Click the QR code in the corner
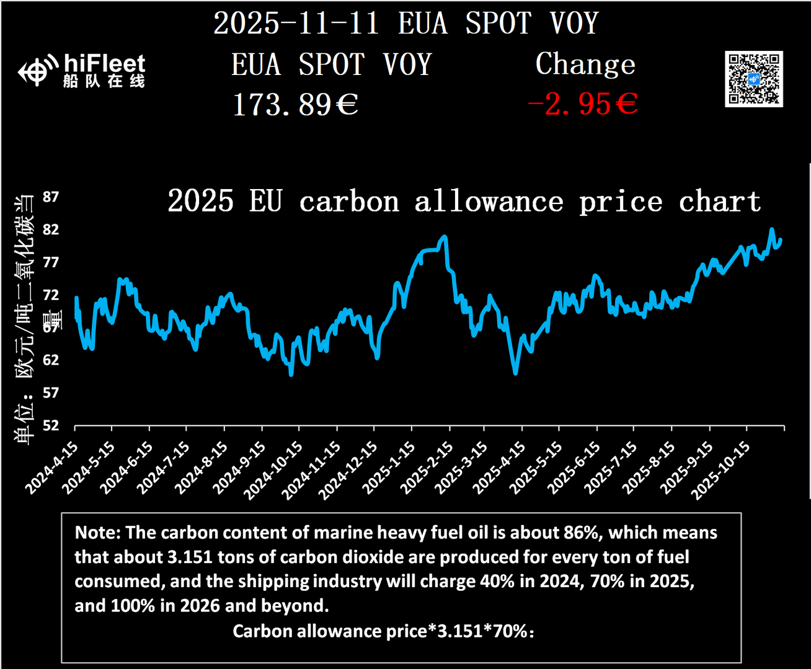click(x=753, y=79)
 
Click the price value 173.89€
click(x=295, y=105)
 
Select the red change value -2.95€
click(x=582, y=104)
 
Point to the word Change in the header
click(x=585, y=64)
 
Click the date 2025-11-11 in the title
click(x=296, y=24)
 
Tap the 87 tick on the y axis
click(x=51, y=197)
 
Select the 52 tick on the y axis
click(x=51, y=425)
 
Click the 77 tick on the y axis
click(x=51, y=262)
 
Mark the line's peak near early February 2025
click(x=444, y=237)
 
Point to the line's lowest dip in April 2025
click(x=515, y=373)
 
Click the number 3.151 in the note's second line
click(x=190, y=557)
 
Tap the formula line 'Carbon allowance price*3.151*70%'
click(x=383, y=631)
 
